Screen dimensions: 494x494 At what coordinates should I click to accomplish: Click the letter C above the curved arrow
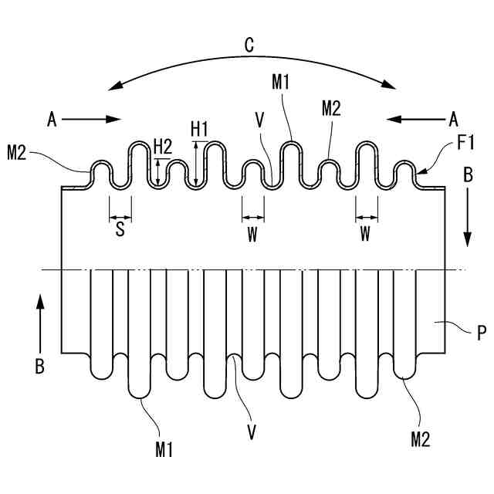(249, 46)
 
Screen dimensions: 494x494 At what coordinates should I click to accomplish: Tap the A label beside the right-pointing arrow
(52, 119)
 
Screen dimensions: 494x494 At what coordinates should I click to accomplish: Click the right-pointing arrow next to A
(91, 119)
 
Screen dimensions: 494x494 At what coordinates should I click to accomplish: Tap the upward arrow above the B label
(41, 324)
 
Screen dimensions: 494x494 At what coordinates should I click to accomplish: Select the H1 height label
(200, 128)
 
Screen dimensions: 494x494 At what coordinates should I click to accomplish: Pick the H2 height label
(163, 145)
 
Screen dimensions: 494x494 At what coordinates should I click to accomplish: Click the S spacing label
(120, 230)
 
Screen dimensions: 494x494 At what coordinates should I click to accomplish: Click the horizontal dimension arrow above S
(120, 216)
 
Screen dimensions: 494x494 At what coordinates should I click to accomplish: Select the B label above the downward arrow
(467, 175)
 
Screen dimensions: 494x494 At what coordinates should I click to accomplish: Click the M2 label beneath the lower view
(420, 440)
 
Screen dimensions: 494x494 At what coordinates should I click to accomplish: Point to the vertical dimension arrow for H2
(158, 171)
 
